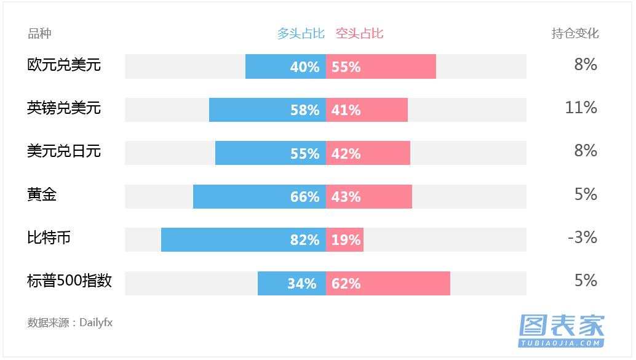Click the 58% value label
pyautogui.click(x=304, y=110)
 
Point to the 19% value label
pyautogui.click(x=346, y=240)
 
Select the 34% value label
pyautogui.click(x=301, y=284)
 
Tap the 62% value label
pyautogui.click(x=346, y=284)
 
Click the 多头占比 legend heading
pyautogui.click(x=300, y=33)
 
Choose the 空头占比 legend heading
pyautogui.click(x=359, y=33)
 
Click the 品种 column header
pyautogui.click(x=39, y=33)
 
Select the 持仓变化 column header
pyautogui.click(x=574, y=33)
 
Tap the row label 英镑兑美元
pyautogui.click(x=64, y=108)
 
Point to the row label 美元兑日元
pyautogui.click(x=64, y=151)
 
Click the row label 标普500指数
pyautogui.click(x=70, y=281)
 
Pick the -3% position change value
pyautogui.click(x=582, y=238)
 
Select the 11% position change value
pyautogui.click(x=581, y=108)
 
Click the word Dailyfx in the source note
pyautogui.click(x=96, y=322)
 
